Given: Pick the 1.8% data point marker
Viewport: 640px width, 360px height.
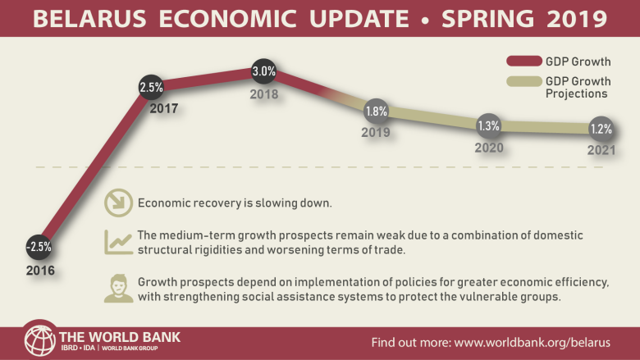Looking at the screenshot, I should tap(376, 111).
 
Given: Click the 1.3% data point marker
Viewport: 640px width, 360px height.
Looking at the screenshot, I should tap(487, 125).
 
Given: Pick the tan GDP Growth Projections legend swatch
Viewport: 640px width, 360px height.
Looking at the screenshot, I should tap(522, 82).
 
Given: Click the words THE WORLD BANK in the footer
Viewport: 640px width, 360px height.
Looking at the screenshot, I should tap(119, 336).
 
